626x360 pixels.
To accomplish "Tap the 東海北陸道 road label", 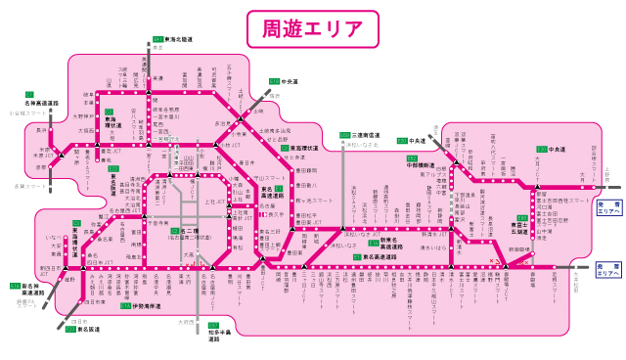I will [178, 40].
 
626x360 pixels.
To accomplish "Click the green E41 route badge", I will [156, 39].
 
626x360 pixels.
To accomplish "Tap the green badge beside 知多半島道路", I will [212, 325].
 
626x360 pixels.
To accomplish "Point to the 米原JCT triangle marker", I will [60, 155].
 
